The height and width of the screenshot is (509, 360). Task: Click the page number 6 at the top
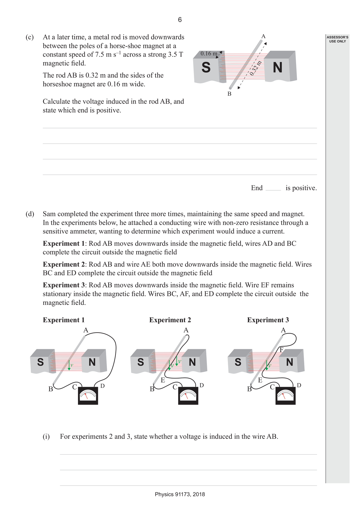click(x=180, y=20)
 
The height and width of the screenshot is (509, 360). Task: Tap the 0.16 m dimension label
click(x=209, y=54)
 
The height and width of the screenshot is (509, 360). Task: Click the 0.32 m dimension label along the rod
click(x=255, y=68)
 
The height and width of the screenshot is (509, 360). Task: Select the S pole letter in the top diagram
click(x=206, y=67)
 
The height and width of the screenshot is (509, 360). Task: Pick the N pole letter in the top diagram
click(x=277, y=67)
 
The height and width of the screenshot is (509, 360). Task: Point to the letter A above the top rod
click(x=263, y=36)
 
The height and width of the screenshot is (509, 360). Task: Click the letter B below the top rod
click(x=229, y=94)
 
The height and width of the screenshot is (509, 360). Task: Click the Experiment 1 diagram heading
click(x=64, y=320)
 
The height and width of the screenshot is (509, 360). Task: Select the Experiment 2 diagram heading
click(x=170, y=320)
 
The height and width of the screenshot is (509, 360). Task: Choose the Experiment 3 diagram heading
click(x=268, y=320)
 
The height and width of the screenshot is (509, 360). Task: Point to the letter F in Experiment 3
click(x=282, y=350)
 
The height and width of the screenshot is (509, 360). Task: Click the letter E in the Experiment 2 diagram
click(x=163, y=380)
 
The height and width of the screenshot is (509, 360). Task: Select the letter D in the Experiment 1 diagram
click(x=102, y=386)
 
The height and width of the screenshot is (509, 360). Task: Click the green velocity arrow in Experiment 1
click(x=69, y=365)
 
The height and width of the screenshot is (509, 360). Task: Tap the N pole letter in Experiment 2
click(x=192, y=362)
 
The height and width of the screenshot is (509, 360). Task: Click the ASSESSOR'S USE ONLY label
click(x=337, y=39)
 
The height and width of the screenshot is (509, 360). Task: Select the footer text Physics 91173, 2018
click(x=180, y=494)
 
